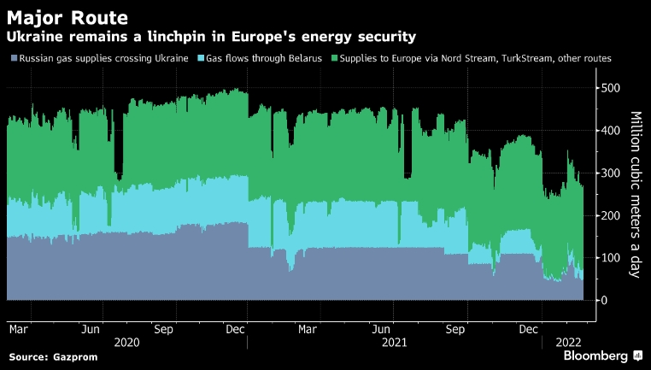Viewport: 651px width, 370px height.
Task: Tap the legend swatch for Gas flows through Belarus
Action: (201, 58)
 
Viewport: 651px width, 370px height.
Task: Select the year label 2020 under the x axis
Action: (126, 342)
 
